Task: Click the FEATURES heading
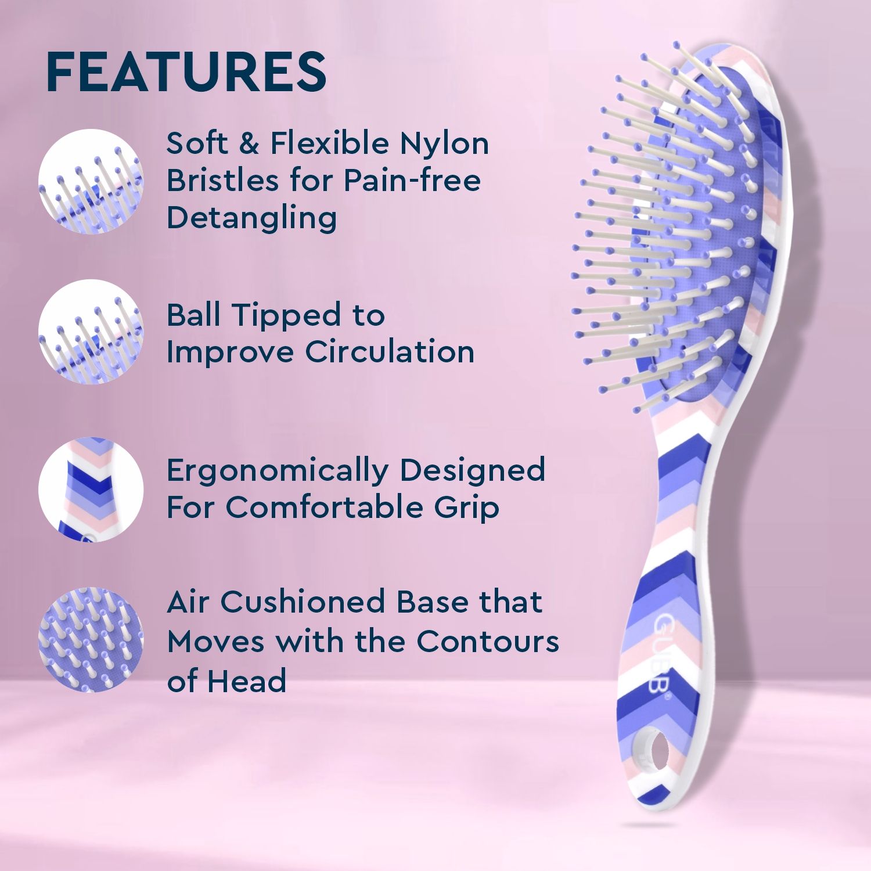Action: (186, 72)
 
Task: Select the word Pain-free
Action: (412, 181)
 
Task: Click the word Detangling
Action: (251, 218)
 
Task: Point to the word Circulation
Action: (390, 352)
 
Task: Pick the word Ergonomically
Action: (277, 471)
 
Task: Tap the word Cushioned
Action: (302, 602)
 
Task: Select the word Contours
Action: (487, 641)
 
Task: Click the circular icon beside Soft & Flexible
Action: (91, 181)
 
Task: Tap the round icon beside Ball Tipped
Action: (91, 332)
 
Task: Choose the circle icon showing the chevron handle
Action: (91, 490)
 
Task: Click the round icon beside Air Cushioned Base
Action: (91, 639)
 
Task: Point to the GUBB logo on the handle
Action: (661, 653)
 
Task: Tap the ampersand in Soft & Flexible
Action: (249, 144)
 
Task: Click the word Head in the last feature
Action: (247, 681)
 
